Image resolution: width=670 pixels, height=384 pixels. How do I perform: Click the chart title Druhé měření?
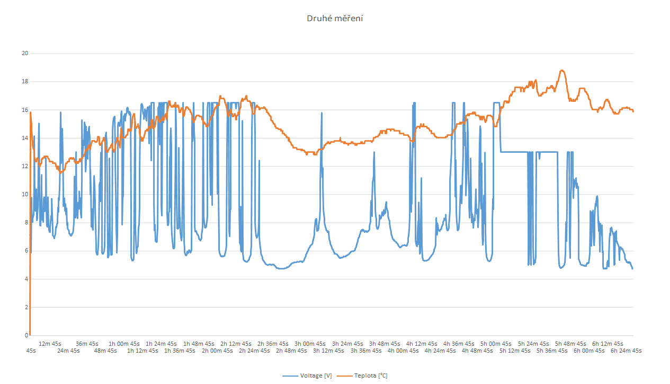pyautogui.click(x=335, y=19)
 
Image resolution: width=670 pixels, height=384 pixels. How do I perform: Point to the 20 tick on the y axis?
pyautogui.click(x=24, y=54)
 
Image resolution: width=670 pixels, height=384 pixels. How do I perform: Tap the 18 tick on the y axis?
pyautogui.click(x=24, y=82)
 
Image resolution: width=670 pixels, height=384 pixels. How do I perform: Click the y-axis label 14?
pyautogui.click(x=24, y=138)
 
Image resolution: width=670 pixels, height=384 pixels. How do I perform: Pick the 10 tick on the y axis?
pyautogui.click(x=24, y=194)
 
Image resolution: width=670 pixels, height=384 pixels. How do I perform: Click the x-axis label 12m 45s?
pyautogui.click(x=50, y=344)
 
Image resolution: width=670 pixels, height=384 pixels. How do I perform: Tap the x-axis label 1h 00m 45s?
pyautogui.click(x=124, y=344)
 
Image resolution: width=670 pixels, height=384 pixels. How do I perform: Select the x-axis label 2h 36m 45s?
pyautogui.click(x=273, y=344)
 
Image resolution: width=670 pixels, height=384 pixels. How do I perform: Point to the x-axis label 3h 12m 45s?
pyautogui.click(x=328, y=351)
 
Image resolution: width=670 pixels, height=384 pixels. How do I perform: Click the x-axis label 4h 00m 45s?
pyautogui.click(x=403, y=351)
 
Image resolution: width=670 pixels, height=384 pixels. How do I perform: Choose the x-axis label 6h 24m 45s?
pyautogui.click(x=626, y=351)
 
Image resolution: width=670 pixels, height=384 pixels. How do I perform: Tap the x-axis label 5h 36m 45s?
pyautogui.click(x=552, y=351)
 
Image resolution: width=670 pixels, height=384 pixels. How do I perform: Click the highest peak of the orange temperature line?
pyautogui.click(x=562, y=71)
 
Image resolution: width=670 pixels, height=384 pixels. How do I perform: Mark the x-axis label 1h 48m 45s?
pyautogui.click(x=199, y=344)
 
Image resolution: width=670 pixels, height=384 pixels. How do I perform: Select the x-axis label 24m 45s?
pyautogui.click(x=68, y=351)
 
